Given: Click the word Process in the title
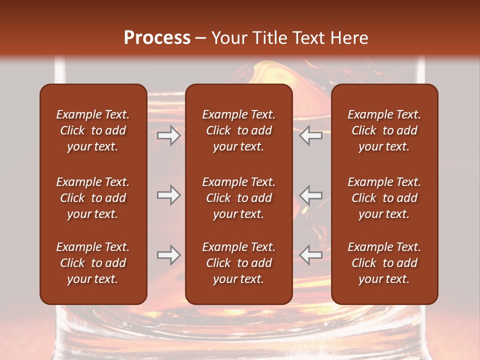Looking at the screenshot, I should [x=157, y=38].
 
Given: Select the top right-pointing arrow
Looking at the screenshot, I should [x=168, y=135].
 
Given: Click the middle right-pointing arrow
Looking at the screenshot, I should [x=168, y=195].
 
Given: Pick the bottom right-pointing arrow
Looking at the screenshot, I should [x=168, y=255].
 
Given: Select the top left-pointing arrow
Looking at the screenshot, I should [x=311, y=135].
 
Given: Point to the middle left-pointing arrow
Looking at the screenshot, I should [x=311, y=195].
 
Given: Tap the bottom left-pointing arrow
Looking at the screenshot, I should [x=311, y=255].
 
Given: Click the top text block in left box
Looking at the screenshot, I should [x=93, y=130].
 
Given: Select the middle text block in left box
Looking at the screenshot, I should [x=93, y=198].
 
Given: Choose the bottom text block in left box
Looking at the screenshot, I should [x=93, y=263].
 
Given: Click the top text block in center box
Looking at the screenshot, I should [x=238, y=130].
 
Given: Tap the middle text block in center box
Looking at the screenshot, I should [x=238, y=198].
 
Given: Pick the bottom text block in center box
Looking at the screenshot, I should [x=238, y=263].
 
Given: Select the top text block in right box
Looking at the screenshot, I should [x=384, y=130].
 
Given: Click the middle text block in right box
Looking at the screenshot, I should [x=384, y=198].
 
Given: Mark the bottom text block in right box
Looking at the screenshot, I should [x=384, y=263].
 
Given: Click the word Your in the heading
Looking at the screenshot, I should [x=227, y=38].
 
